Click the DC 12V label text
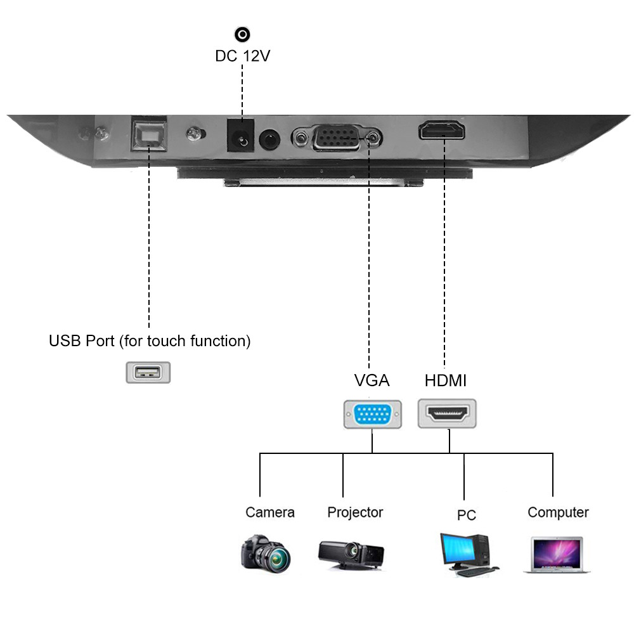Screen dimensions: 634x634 coord(242,56)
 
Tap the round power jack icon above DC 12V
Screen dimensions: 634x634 coord(242,34)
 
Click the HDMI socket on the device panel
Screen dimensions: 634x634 coord(442,131)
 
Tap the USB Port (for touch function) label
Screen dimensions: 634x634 coord(150,341)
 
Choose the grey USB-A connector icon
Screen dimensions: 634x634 coord(148,372)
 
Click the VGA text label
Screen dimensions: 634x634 coord(372,380)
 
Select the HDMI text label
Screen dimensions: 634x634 coord(445,380)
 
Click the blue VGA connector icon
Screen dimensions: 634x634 coord(372,415)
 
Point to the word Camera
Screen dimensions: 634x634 coord(270,512)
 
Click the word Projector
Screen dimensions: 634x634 coord(355,512)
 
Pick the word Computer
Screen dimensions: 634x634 coord(558,512)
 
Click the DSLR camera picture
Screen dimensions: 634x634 coord(266,553)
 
